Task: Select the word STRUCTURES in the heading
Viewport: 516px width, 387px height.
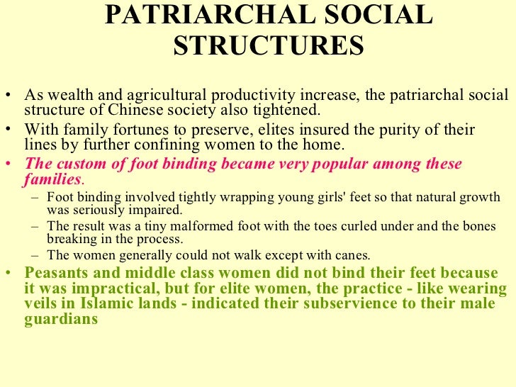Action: (269, 46)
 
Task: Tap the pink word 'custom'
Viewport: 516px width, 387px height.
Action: (77, 164)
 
